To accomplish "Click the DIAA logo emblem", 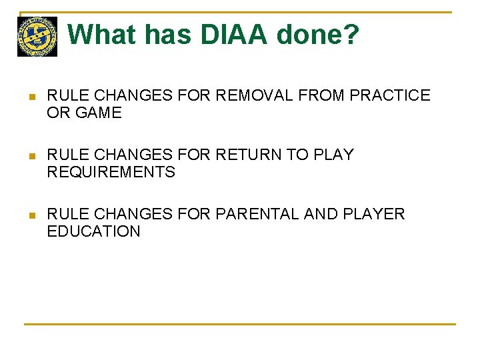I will (37, 37).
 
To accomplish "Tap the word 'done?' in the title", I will (325, 35).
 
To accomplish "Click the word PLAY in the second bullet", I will (331, 155).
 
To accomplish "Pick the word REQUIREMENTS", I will (111, 173).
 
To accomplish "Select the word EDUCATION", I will (93, 232).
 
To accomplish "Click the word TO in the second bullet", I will (295, 155).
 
